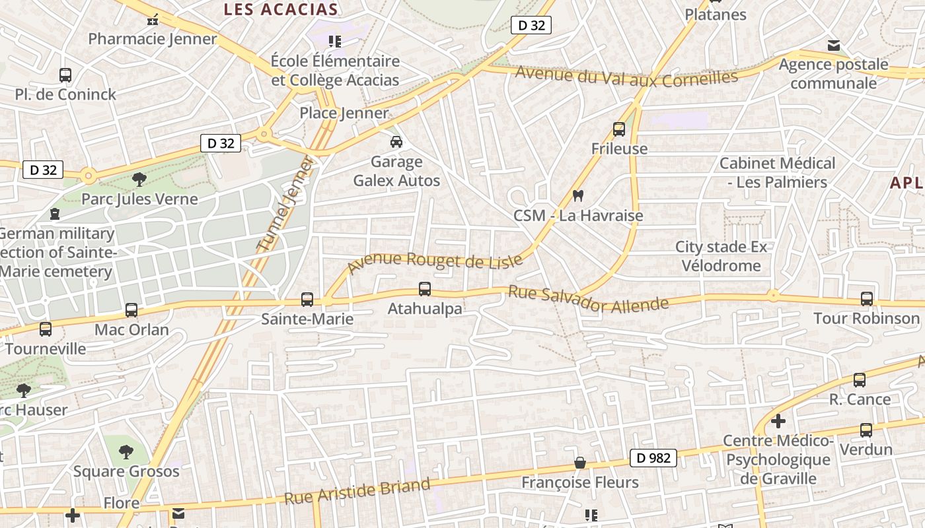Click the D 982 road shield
[653, 457]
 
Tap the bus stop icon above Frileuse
[619, 129]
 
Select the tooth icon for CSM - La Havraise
[578, 195]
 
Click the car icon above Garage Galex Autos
[396, 141]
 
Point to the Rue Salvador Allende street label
[588, 298]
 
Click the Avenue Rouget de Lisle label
[435, 262]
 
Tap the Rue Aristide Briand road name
[357, 492]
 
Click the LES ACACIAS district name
[281, 9]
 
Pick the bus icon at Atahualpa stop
[425, 288]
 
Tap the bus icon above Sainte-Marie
[307, 299]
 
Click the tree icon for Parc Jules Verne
[139, 179]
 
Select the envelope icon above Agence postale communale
[834, 45]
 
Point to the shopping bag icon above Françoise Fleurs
[580, 463]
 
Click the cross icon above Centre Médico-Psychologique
[778, 420]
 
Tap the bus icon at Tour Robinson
[867, 298]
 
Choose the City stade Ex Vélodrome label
[721, 256]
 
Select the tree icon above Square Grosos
[126, 451]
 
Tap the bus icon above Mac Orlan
[131, 310]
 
